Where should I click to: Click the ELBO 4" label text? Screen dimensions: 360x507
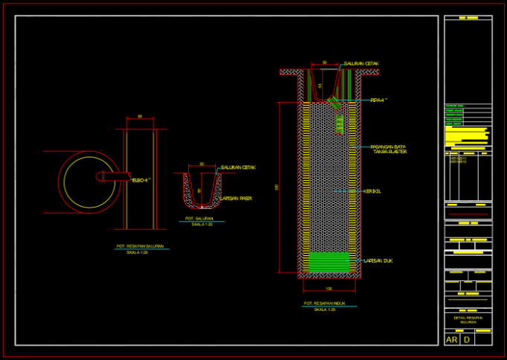click(x=141, y=180)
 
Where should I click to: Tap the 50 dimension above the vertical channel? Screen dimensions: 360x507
click(x=140, y=117)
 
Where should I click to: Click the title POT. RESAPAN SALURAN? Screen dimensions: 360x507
click(x=141, y=246)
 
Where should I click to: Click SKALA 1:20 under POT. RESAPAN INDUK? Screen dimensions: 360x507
click(x=325, y=309)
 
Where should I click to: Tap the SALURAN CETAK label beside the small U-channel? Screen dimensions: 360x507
click(x=238, y=168)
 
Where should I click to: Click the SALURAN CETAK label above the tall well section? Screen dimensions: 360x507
click(x=361, y=64)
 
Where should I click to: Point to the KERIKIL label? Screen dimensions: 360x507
click(x=372, y=191)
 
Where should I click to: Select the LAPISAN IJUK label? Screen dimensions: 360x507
click(x=377, y=261)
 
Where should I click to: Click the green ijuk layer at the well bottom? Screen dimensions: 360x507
click(x=328, y=262)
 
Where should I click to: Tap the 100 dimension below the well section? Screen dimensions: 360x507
click(x=328, y=288)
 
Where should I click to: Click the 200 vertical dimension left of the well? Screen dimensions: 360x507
click(x=277, y=187)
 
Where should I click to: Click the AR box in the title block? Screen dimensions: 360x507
click(x=452, y=340)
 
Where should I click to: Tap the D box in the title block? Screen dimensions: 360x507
click(x=467, y=340)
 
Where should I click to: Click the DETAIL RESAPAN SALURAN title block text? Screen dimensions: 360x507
click(x=468, y=320)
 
